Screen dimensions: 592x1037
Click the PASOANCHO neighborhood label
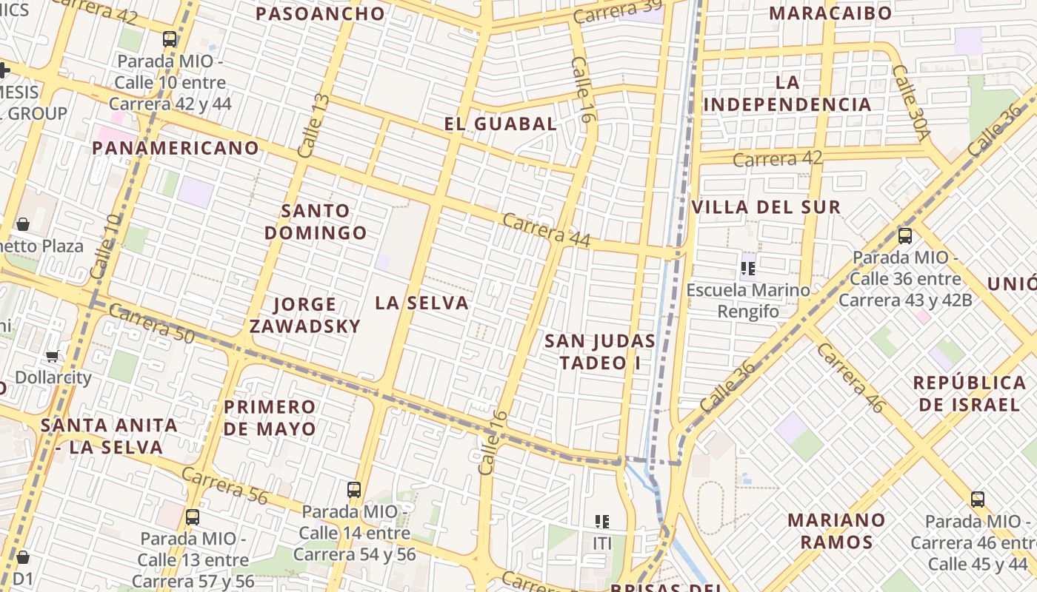pos(321,13)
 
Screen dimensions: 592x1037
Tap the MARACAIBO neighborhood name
pos(830,13)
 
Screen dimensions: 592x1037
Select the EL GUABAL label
pos(501,124)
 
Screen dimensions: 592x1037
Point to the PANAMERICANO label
pos(176,148)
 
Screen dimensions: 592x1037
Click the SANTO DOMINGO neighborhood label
pos(316,222)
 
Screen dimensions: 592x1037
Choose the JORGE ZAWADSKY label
pos(305,315)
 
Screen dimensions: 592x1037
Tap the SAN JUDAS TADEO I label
pos(600,351)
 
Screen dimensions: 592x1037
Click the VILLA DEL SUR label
pos(766,207)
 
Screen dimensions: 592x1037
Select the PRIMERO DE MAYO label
pos(270,417)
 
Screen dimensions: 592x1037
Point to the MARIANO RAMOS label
pos(836,531)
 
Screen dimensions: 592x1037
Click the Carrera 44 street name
pos(547,230)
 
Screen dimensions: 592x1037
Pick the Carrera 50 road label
pos(151,323)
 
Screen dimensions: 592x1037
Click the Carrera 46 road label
pos(851,377)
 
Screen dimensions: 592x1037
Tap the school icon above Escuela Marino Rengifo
pos(748,269)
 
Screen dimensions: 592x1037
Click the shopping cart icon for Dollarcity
pos(53,357)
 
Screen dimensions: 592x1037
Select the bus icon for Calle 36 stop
pos(904,236)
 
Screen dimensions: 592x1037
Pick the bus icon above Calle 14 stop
pos(354,489)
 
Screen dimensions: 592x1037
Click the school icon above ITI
pos(602,522)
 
